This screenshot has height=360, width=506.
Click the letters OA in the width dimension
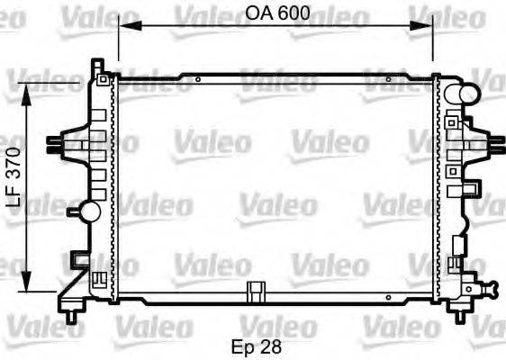(x=258, y=13)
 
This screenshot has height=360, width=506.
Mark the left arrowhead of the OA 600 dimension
(x=123, y=28)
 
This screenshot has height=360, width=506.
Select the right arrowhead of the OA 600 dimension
(x=429, y=28)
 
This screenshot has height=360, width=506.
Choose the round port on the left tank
(x=89, y=211)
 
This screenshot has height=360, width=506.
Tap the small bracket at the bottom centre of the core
(x=258, y=292)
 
